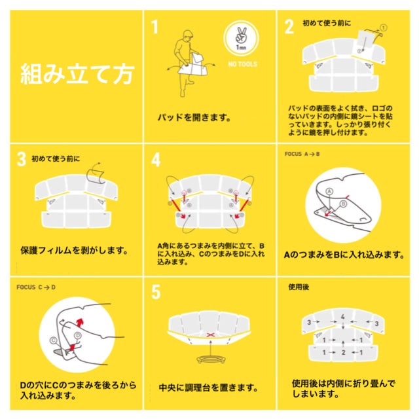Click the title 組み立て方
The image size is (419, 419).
click(x=77, y=74)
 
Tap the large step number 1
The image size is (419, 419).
click(x=155, y=27)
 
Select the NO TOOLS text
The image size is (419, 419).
click(x=243, y=64)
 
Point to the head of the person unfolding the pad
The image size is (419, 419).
click(x=188, y=35)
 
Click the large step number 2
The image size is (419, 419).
click(x=289, y=27)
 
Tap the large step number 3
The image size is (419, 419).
click(x=22, y=159)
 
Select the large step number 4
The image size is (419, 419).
click(x=156, y=160)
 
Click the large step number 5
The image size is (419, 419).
click(x=156, y=292)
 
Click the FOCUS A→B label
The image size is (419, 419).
click(x=302, y=154)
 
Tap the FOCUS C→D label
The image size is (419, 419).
click(x=36, y=287)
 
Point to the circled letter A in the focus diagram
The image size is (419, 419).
click(x=329, y=191)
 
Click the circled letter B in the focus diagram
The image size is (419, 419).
click(x=343, y=204)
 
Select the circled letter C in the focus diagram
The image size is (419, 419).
click(x=54, y=340)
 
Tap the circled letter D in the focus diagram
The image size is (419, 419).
click(x=77, y=336)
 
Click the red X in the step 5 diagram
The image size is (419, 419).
click(x=211, y=335)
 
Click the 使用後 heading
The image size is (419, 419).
click(x=299, y=287)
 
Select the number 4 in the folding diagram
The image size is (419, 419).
click(x=343, y=317)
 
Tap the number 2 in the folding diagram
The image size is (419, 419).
click(x=343, y=352)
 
